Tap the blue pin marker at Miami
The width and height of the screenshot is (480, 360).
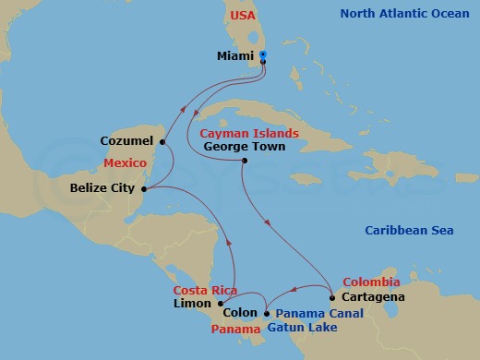(263, 56)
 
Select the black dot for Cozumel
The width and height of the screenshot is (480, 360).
(162, 142)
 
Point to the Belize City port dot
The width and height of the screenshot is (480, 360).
(148, 188)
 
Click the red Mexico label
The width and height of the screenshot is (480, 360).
(126, 162)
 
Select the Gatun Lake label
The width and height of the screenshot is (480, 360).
(295, 328)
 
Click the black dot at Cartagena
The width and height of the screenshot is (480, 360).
(331, 298)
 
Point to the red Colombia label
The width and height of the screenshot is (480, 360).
(371, 282)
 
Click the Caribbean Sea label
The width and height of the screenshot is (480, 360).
(409, 230)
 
